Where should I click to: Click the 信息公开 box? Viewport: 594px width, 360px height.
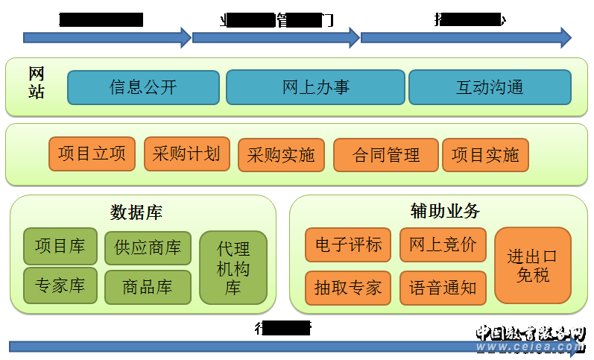click(x=143, y=87)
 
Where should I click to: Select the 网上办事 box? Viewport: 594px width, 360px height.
click(x=315, y=87)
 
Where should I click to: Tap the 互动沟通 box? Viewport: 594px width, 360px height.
click(x=490, y=87)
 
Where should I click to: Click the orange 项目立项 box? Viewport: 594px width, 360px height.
click(x=92, y=154)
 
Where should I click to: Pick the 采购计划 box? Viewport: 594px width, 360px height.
click(x=186, y=154)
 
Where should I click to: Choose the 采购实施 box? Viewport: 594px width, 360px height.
click(x=281, y=155)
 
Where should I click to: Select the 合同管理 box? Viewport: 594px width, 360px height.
click(x=385, y=155)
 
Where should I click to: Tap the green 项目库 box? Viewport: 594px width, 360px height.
click(x=60, y=246)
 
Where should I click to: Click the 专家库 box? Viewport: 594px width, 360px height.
click(x=60, y=285)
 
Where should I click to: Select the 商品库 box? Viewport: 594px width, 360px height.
click(x=148, y=287)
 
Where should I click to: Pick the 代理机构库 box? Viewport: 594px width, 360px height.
click(x=233, y=268)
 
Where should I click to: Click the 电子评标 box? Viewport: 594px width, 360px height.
click(x=348, y=245)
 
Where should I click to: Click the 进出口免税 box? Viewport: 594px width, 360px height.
click(x=532, y=265)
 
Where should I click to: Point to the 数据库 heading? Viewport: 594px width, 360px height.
click(x=136, y=212)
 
